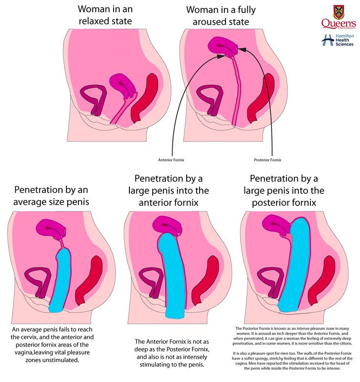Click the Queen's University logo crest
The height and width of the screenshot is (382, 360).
(x=338, y=12)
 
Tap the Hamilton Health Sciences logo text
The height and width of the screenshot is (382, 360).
(x=344, y=40)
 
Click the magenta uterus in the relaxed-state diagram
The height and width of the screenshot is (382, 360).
(x=122, y=85)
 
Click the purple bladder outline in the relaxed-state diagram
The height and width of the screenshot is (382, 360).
(x=91, y=98)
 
